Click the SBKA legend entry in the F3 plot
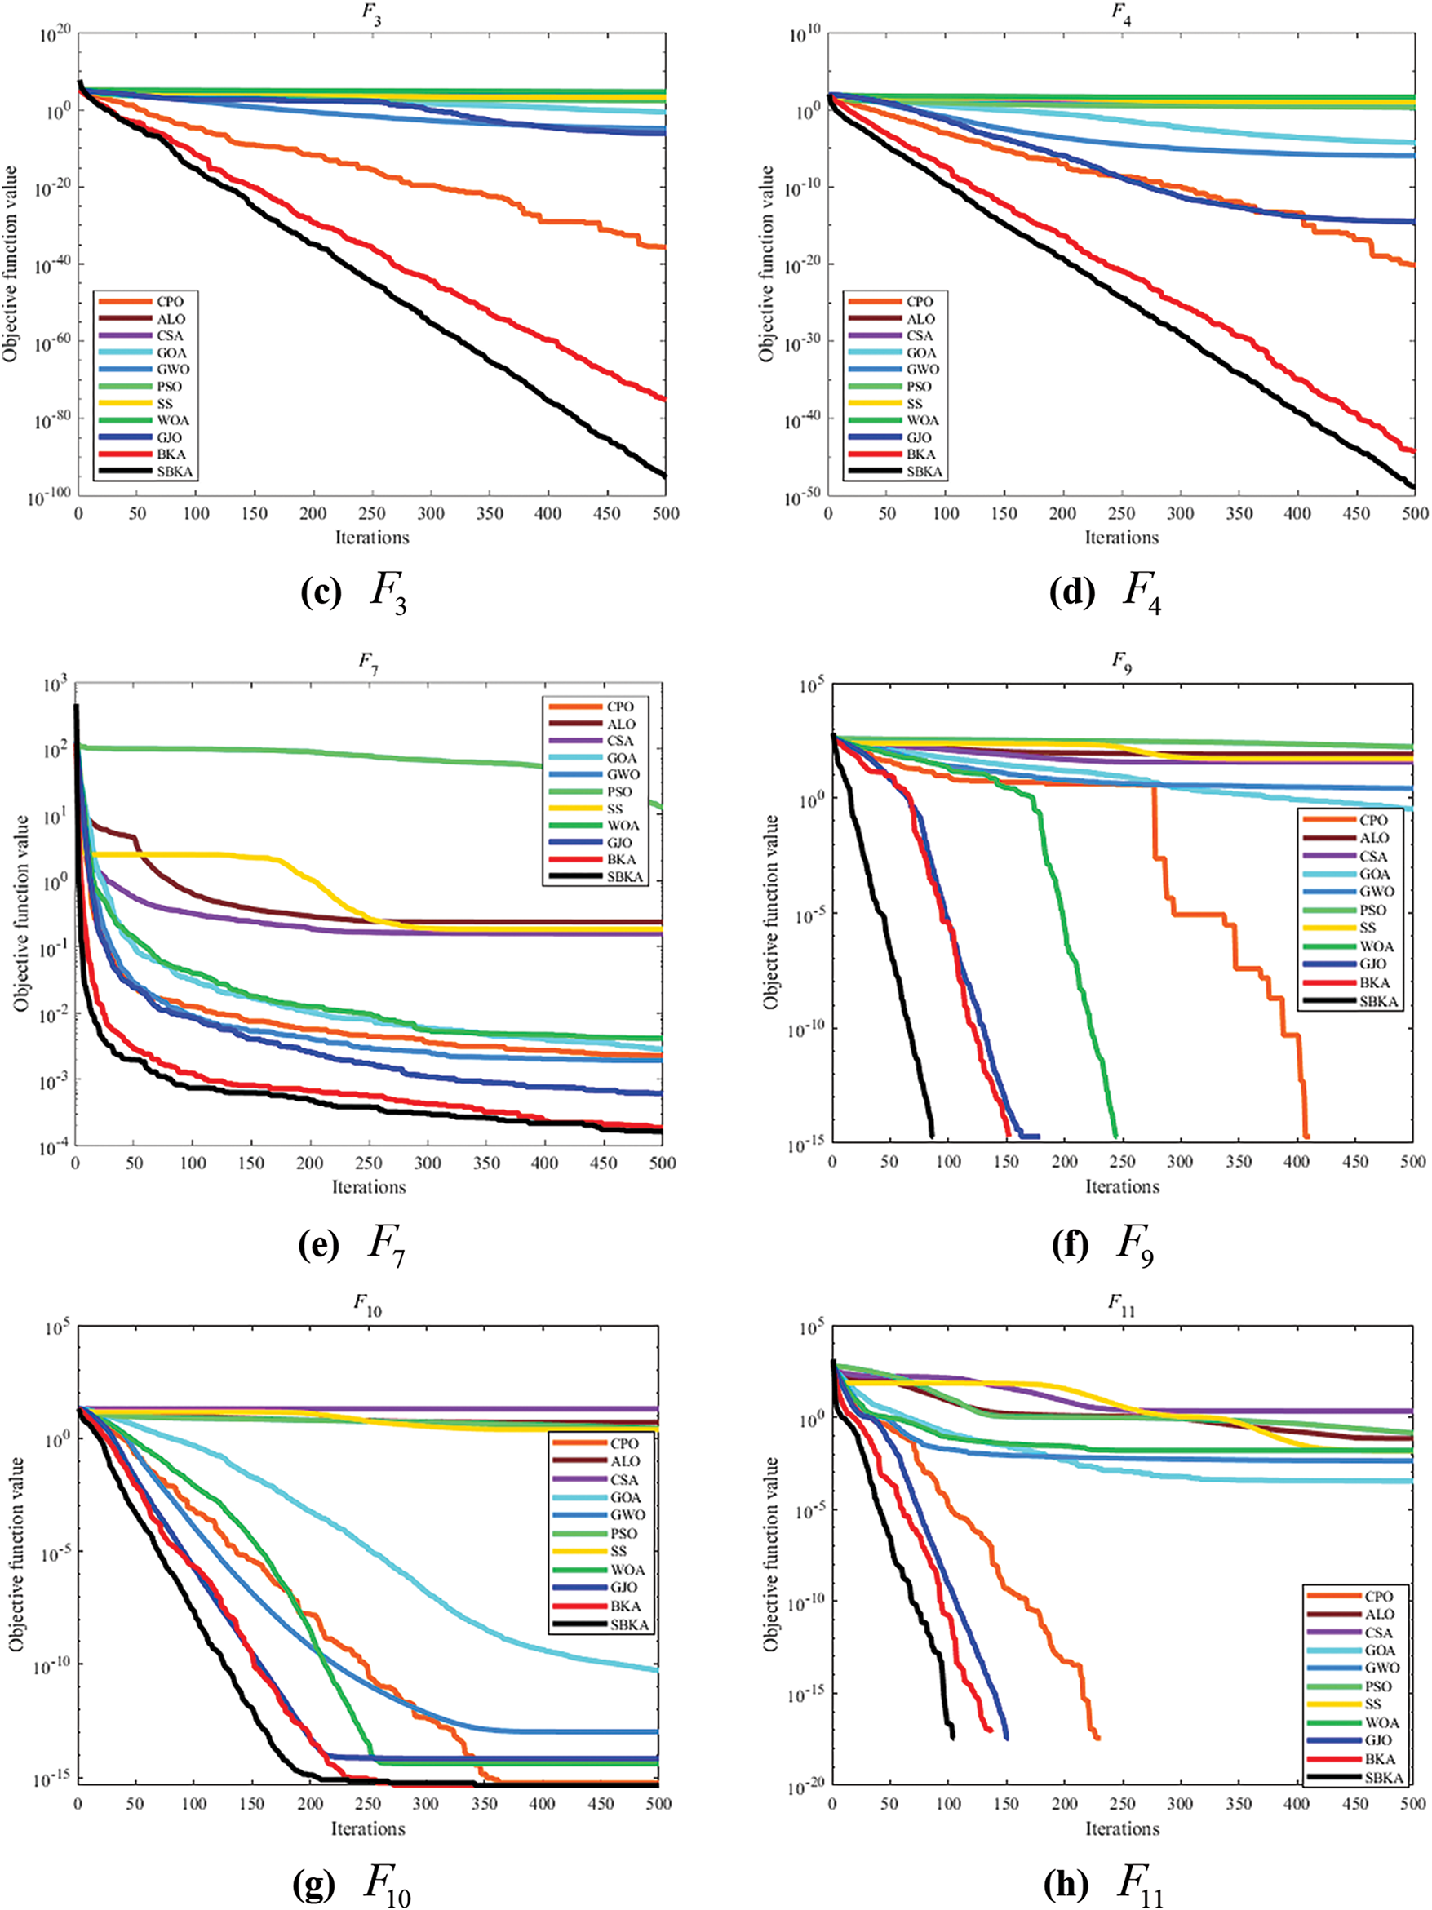[174, 472]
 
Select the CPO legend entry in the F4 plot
[919, 301]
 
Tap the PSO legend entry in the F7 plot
[618, 791]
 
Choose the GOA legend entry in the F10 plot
[624, 1497]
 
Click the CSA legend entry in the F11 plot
[1378, 1632]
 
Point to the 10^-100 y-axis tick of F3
[49, 499]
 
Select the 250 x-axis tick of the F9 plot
[1123, 1162]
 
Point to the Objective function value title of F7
[20, 914]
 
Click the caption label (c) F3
[353, 594]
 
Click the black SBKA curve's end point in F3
[664, 476]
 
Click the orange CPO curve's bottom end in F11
[1097, 1737]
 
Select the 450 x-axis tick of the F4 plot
[1356, 513]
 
